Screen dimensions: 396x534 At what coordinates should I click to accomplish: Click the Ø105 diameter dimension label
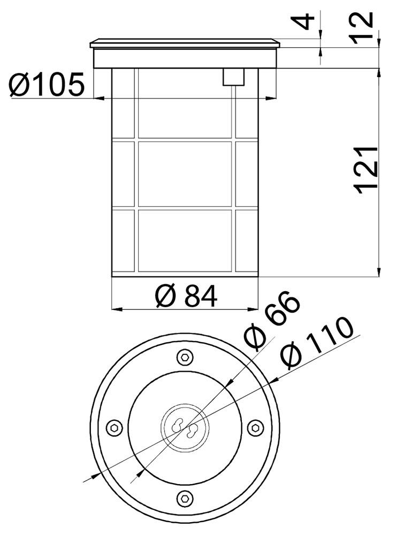click(x=46, y=84)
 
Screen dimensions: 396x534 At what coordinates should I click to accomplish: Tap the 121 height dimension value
click(x=365, y=168)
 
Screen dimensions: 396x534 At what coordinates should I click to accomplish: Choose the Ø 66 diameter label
click(x=272, y=320)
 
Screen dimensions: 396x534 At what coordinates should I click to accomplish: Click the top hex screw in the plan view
click(x=185, y=357)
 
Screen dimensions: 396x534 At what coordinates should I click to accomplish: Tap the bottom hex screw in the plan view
click(x=185, y=498)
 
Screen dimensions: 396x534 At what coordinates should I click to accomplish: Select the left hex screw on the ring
click(x=115, y=428)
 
